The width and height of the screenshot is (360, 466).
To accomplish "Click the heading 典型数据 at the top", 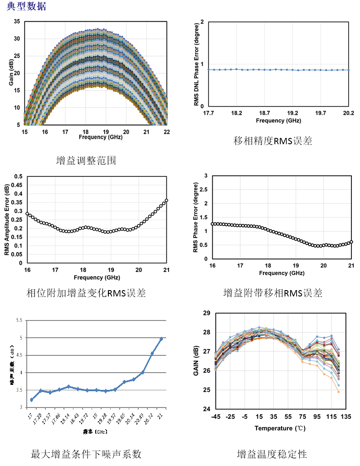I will coord(26,6).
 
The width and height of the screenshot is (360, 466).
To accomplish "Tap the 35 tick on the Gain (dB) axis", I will coord(17,22).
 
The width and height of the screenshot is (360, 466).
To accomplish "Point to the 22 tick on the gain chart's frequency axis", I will coord(166,131).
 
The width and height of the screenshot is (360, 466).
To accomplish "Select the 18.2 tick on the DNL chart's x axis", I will coord(236,113).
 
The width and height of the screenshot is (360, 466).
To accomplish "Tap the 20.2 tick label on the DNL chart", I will coord(348,113).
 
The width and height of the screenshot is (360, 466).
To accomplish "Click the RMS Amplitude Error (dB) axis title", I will coord(7,219).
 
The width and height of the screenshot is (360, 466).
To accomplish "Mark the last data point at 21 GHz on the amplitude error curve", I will coord(166,200).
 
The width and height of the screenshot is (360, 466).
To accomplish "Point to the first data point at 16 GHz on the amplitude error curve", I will coord(27,214).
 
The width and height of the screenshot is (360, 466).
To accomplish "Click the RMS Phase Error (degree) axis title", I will coord(195,217).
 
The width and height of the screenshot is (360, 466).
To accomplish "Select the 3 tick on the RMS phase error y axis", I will coord(206,175).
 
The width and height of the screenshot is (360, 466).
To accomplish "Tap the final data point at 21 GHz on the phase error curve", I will coord(351,242).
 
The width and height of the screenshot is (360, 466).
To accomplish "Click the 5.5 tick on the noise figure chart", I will coord(19,320).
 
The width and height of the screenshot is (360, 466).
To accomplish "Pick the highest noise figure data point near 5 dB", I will coord(161,339).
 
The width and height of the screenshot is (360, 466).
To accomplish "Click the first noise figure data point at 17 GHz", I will coord(31,399).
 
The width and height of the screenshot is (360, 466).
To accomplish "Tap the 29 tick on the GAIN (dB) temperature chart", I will coord(206,313).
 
